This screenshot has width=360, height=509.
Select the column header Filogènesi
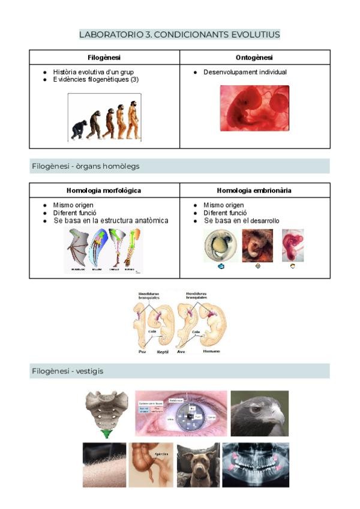(104, 58)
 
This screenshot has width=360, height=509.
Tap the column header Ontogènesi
(254, 58)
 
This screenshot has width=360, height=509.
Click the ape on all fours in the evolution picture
(78, 130)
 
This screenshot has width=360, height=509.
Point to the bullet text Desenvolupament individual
(245, 73)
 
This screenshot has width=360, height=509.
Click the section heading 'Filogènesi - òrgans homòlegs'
(86, 166)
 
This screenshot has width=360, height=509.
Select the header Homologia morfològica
(104, 190)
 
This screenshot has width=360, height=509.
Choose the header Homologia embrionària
(254, 190)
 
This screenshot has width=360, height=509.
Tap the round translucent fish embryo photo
(216, 245)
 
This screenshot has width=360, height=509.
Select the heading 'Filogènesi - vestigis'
(67, 372)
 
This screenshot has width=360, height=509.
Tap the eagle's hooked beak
(277, 415)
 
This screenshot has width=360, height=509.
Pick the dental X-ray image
(256, 465)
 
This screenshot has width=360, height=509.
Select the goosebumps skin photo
(104, 465)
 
